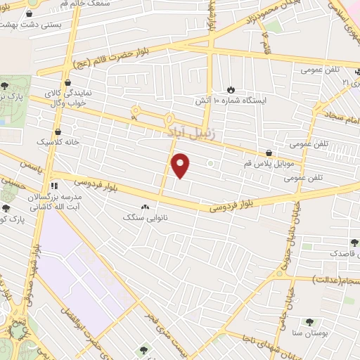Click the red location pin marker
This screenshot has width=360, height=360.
pos(181,165)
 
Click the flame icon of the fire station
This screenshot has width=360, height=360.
pos(231,89)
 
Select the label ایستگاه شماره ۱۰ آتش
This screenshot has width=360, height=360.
pos(232,101)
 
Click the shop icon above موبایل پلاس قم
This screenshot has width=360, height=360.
pos(269,152)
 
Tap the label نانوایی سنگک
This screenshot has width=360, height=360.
pos(147,218)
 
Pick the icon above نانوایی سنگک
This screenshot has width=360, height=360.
pos(146,207)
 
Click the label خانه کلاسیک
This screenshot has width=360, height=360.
pos(60,141)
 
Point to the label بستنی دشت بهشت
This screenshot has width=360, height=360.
pos(31,24)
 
